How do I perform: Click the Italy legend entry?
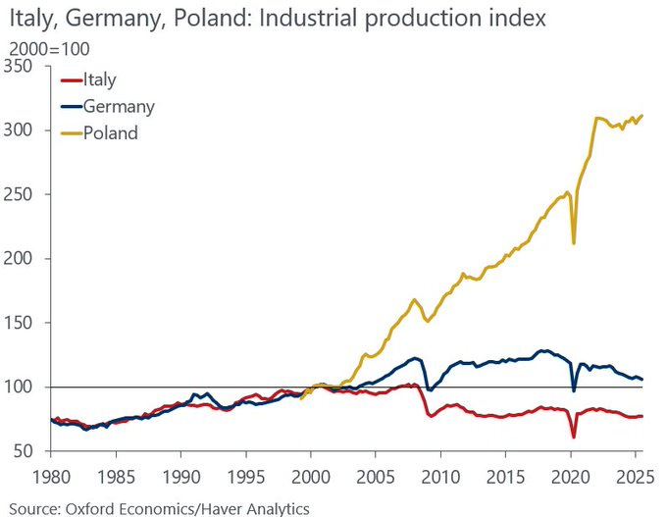[x=101, y=80]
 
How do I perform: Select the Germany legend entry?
[x=118, y=106]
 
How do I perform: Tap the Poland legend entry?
[x=110, y=132]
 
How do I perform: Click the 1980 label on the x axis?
[x=51, y=475]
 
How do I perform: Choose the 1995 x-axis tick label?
[x=245, y=475]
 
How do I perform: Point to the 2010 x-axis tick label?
[x=439, y=475]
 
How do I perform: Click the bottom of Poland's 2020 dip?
[x=574, y=242]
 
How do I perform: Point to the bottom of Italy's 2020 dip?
[x=574, y=437]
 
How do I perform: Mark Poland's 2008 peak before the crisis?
[x=415, y=299]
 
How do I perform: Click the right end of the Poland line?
[x=642, y=116]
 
